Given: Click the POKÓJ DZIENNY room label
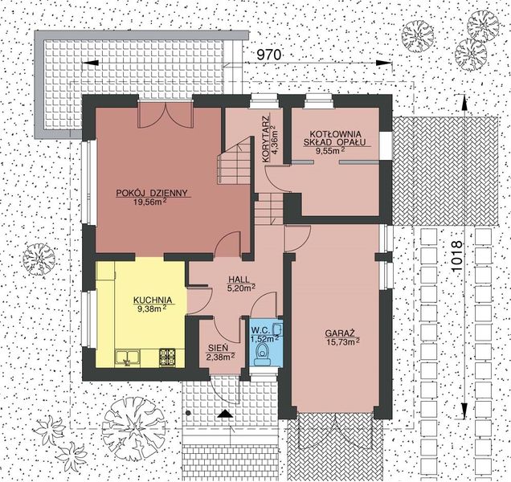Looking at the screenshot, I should pyautogui.click(x=152, y=193).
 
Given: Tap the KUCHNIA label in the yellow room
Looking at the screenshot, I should pyautogui.click(x=150, y=297).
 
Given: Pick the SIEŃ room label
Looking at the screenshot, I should pyautogui.click(x=217, y=347).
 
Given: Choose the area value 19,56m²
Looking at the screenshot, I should pyautogui.click(x=151, y=202).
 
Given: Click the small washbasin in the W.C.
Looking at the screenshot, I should pyautogui.click(x=277, y=329).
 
